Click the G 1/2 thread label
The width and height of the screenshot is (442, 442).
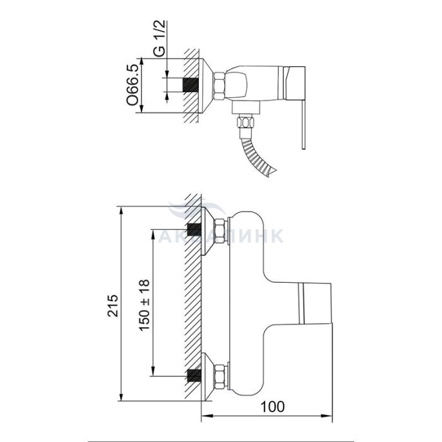[x=160, y=39]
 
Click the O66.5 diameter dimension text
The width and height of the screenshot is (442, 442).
[x=133, y=85]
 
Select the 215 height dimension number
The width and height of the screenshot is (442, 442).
[x=113, y=306]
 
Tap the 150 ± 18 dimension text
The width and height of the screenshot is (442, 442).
[x=145, y=305]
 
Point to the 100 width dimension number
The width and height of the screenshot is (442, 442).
[x=272, y=407]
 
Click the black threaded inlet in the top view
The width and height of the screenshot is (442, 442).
[x=191, y=85]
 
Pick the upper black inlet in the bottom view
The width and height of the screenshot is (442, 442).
[x=194, y=229]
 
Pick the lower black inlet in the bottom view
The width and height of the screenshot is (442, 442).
[x=194, y=376]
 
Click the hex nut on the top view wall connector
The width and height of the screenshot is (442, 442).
[x=219, y=87]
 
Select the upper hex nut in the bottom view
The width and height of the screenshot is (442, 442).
[x=220, y=230]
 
